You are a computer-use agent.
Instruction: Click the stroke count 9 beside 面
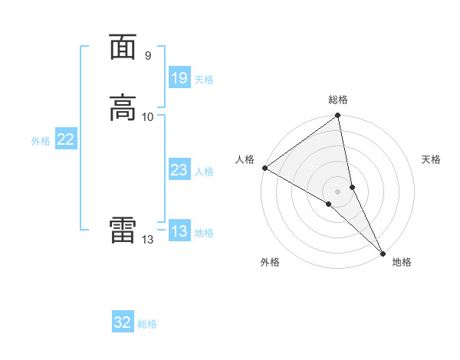pos(147,55)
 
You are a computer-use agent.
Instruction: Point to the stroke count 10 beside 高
pos(148,116)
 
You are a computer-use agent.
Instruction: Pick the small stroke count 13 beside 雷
pos(147,240)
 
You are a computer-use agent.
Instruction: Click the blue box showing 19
pos(179,77)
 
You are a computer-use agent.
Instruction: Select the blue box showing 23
pos(179,170)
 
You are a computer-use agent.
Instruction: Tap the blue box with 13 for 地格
pos(179,231)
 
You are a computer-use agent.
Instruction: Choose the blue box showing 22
pos(65,139)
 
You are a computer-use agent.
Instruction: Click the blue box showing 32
pos(123,322)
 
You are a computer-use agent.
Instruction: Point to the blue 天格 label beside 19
pos(204,79)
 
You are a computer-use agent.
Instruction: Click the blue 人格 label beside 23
pos(204,172)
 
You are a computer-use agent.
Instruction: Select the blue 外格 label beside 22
pos(41,141)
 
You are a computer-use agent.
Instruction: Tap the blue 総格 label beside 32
pos(147,324)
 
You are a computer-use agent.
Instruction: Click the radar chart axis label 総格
pos(338,100)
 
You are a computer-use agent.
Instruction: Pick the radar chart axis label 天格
pos(431,159)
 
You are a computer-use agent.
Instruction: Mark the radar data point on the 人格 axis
pos(264,168)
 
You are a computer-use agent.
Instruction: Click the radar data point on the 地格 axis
pos(383,253)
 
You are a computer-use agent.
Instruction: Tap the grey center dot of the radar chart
pos(338,191)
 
